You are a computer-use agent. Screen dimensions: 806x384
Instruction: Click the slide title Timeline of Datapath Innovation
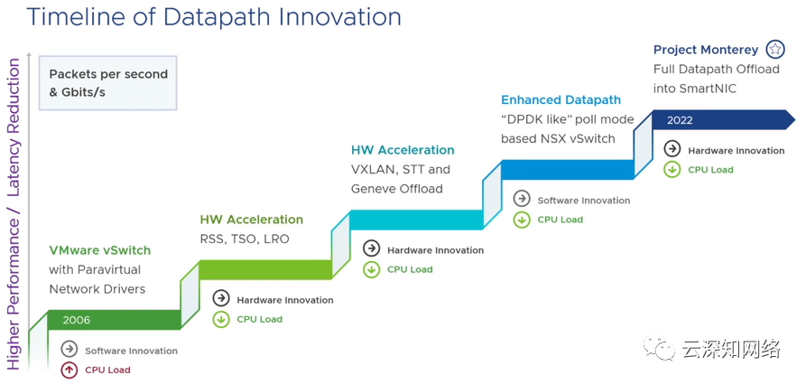pos(213,16)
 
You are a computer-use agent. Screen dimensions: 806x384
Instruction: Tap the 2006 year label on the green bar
pos(77,320)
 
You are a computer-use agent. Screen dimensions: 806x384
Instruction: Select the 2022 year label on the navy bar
pos(680,120)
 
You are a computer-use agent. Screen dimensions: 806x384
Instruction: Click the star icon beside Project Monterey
pos(775,50)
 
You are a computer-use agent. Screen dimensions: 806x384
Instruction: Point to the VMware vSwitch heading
pos(99,250)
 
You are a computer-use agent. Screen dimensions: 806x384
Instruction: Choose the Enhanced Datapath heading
pos(560,100)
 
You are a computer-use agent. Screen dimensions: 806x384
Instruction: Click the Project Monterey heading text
pos(706,50)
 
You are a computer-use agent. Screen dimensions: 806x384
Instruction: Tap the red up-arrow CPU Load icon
pos(69,370)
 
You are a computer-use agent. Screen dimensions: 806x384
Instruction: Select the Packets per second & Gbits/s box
pos(108,82)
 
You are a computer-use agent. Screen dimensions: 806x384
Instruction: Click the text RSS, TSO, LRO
pos(245,239)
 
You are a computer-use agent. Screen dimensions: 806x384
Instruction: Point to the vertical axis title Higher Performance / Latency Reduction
pos(14,214)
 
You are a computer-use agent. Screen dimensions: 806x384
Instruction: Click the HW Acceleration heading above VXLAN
pos(403,150)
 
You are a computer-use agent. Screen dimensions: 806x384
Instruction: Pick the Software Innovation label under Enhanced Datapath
pos(583,201)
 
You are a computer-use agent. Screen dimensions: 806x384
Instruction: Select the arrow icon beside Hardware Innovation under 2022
pos(672,150)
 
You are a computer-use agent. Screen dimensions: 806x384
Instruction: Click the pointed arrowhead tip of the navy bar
pos(795,119)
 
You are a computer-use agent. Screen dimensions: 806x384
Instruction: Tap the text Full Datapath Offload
pos(717,69)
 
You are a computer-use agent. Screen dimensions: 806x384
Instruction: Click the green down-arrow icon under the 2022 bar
pos(672,169)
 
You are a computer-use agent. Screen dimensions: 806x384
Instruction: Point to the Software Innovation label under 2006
pos(131,351)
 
